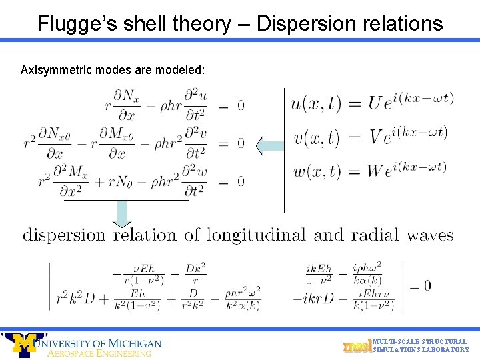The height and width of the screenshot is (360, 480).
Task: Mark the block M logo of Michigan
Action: point(23,344)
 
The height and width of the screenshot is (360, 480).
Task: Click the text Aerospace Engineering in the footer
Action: point(100,353)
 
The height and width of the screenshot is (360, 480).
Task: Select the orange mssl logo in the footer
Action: point(357,345)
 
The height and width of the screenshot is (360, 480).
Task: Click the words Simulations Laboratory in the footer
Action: point(421,350)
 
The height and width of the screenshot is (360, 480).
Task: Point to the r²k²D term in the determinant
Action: point(75,299)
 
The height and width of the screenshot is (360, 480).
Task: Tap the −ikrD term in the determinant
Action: point(313,299)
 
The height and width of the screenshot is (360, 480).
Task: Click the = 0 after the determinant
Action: point(419,286)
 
